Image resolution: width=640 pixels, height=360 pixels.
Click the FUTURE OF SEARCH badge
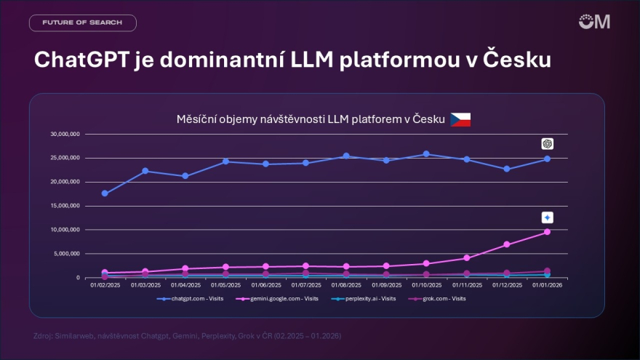coord(82,23)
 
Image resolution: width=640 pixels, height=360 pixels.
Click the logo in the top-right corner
coord(594,21)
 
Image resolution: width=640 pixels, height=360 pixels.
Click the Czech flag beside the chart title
coord(460,119)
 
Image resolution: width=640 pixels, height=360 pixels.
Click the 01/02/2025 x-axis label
coord(105,286)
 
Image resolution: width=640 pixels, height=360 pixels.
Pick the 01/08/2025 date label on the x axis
coord(346,286)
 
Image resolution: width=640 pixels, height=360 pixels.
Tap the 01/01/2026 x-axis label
coord(547,286)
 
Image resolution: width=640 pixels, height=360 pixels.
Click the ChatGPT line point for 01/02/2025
coord(105,193)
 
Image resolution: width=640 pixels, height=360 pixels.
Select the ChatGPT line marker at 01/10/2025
coord(426,154)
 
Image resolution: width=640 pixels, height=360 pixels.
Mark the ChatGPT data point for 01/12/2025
coord(507,169)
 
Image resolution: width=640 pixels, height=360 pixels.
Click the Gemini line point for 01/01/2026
coord(547,232)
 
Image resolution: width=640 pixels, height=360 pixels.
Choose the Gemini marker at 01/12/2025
coord(507,244)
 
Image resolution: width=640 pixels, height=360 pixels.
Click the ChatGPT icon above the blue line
coord(548,144)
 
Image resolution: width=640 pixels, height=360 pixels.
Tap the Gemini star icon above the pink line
coord(548,217)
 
